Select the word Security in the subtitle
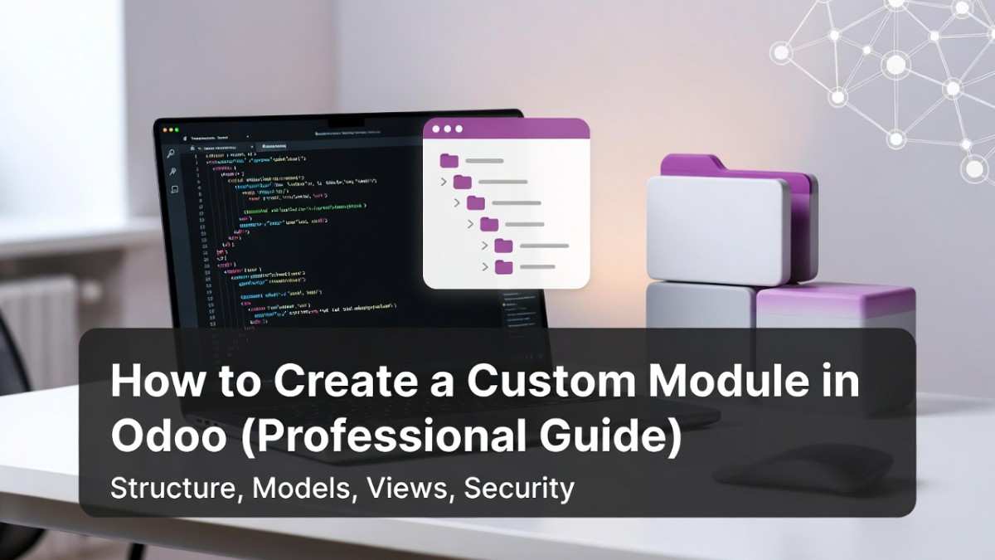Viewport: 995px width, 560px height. point(519,488)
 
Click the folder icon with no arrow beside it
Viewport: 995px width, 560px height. point(449,160)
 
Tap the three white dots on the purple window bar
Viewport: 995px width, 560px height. point(448,129)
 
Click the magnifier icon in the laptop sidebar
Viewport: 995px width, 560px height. point(172,153)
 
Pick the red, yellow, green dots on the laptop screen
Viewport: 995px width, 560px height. point(171,130)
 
